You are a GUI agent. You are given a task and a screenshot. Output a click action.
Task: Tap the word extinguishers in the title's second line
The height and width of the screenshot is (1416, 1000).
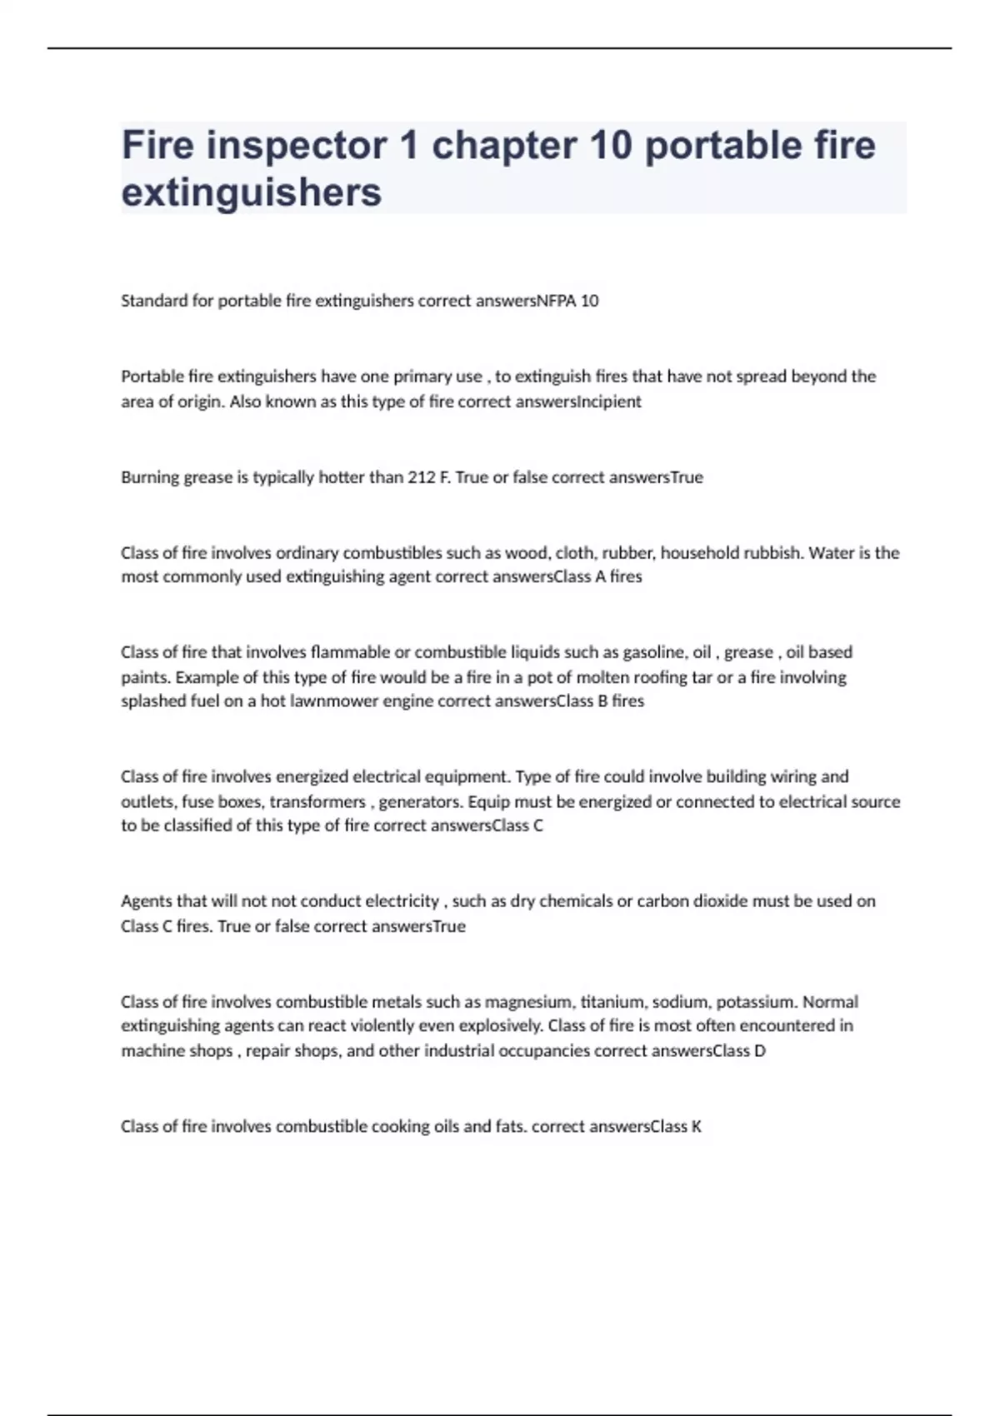(252, 192)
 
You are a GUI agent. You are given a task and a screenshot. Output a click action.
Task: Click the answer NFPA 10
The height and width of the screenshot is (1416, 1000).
(567, 301)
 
